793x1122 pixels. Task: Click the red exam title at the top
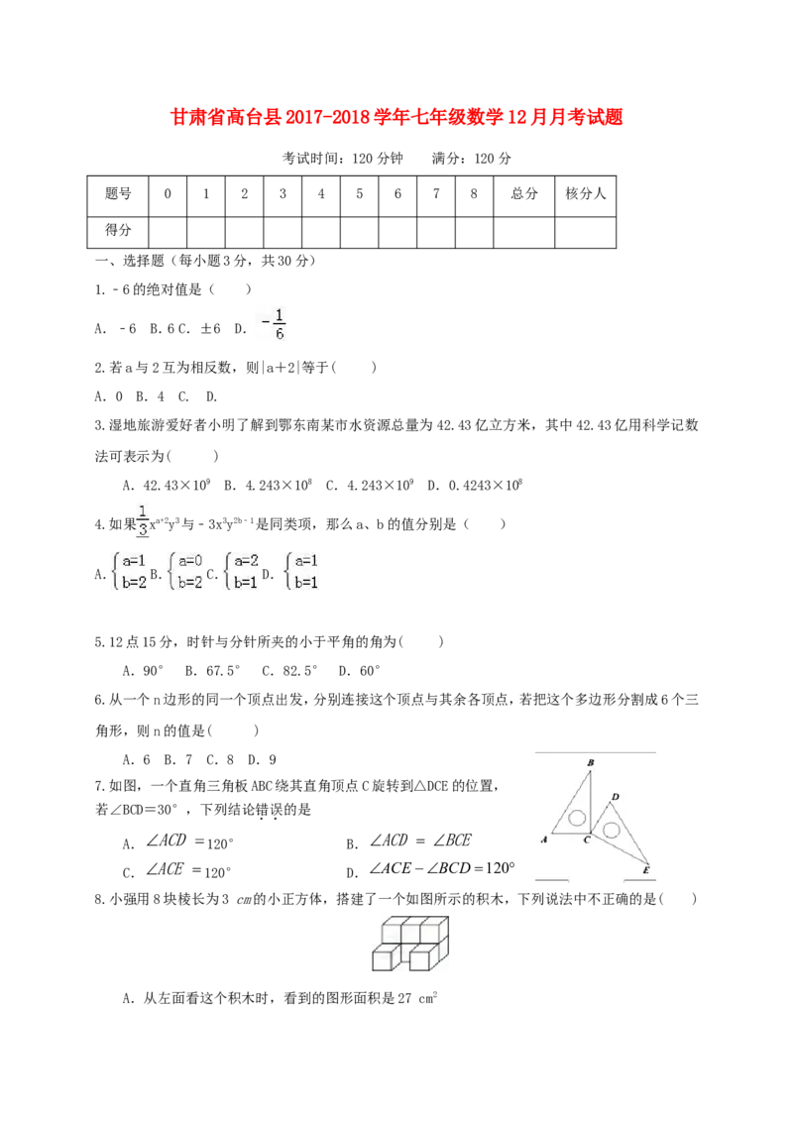click(396, 117)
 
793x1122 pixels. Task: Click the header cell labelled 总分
click(524, 195)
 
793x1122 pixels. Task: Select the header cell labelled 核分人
click(586, 195)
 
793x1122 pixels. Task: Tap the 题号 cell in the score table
click(118, 195)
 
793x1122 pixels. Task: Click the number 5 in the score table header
click(359, 194)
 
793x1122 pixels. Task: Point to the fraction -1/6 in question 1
click(274, 324)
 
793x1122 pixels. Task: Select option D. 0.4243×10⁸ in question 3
click(475, 485)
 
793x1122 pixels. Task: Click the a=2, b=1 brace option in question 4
click(241, 572)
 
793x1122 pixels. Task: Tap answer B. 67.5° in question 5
click(212, 671)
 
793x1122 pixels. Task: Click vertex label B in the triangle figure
click(591, 763)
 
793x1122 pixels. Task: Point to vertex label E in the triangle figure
click(645, 870)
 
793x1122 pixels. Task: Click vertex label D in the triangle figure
click(616, 797)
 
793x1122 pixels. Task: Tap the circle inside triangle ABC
click(578, 818)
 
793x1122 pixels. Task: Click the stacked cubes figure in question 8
click(410, 944)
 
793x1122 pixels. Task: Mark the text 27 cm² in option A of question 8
click(417, 998)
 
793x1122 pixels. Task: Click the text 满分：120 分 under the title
click(472, 159)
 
